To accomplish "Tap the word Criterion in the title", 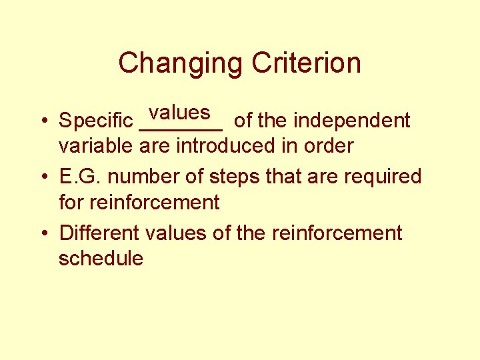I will click(307, 63).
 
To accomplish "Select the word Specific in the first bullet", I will click(95, 121).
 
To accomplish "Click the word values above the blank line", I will click(179, 111).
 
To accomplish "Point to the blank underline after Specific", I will click(181, 129).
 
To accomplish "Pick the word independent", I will click(352, 121).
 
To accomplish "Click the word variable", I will click(97, 145).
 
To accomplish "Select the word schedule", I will click(101, 258).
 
